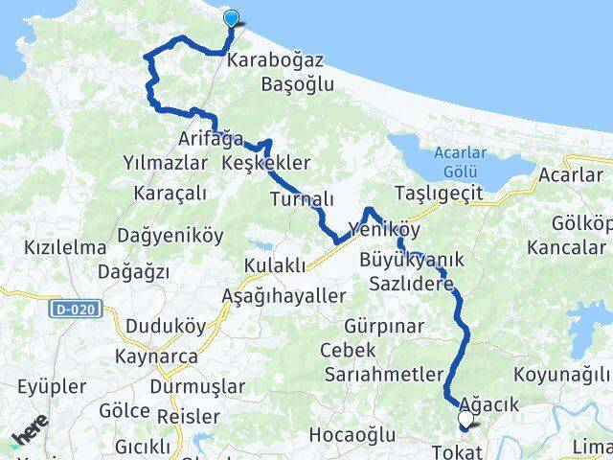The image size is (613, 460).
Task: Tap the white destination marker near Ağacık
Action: (x=466, y=420)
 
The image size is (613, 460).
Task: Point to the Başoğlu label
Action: (x=297, y=84)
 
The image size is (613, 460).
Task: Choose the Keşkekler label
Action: (x=265, y=163)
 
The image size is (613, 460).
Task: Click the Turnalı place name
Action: (x=302, y=198)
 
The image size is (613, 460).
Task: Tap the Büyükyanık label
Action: (x=412, y=260)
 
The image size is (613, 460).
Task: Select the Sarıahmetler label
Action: (x=383, y=374)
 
